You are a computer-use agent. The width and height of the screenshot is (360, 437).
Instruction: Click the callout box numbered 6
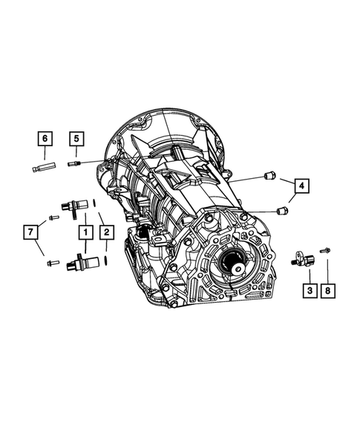(45, 138)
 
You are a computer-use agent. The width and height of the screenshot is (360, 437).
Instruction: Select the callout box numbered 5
(76, 138)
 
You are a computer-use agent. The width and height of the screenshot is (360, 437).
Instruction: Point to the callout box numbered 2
(107, 233)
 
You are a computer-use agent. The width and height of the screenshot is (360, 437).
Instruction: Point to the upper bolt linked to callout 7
(53, 217)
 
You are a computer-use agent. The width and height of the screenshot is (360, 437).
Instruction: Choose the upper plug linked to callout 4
(271, 176)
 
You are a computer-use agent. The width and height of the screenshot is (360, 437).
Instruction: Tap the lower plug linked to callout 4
(281, 211)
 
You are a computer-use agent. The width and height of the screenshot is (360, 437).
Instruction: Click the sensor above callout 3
(301, 257)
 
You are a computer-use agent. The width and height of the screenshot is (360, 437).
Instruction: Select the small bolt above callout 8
(325, 251)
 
